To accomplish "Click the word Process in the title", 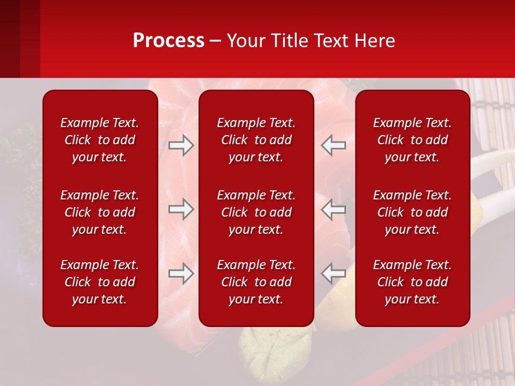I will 168,41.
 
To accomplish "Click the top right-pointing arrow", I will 181,145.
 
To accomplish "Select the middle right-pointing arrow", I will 181,209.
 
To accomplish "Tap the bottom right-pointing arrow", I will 181,273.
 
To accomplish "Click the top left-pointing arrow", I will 333,145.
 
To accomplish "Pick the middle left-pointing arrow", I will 333,209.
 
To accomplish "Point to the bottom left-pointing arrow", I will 333,273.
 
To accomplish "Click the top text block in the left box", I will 100,140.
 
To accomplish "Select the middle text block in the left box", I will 100,212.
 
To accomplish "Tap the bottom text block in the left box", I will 100,282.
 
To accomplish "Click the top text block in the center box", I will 256,140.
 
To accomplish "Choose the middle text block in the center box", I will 256,212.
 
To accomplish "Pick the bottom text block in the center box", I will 256,282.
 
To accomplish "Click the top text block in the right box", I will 412,140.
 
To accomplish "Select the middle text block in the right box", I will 412,212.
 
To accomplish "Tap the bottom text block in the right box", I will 412,282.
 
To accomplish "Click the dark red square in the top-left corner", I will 19,39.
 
